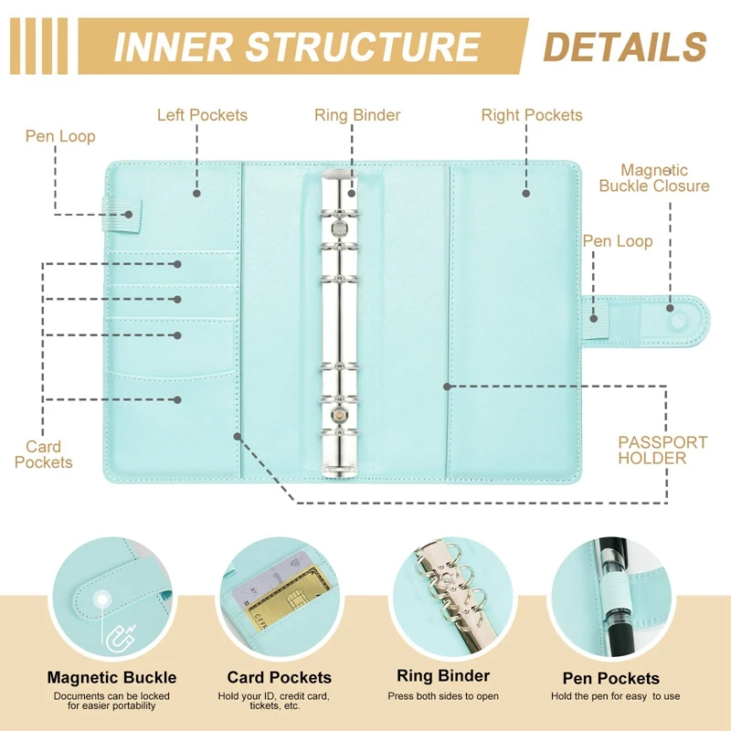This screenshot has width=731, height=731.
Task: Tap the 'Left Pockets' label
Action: pos(202,115)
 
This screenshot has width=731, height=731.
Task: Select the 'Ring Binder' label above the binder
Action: pos(357,115)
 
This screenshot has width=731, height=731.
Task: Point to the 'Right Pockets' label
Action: pos(532,115)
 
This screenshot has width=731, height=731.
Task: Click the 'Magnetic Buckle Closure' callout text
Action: pos(654,178)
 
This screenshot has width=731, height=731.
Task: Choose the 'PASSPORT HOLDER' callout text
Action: pos(662,450)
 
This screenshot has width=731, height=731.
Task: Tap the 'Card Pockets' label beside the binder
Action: pos(43,454)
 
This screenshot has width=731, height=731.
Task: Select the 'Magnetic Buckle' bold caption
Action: pos(111,678)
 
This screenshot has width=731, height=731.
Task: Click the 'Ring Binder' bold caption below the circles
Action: pos(443,677)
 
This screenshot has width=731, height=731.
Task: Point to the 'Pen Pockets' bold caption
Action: pos(612,678)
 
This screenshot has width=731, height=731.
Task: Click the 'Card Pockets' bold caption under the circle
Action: pos(280,678)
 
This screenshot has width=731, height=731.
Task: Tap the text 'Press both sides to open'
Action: pos(443,696)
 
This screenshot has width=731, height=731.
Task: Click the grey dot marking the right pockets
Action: pos(526,193)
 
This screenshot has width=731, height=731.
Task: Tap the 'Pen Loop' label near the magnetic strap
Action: pos(618,241)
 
